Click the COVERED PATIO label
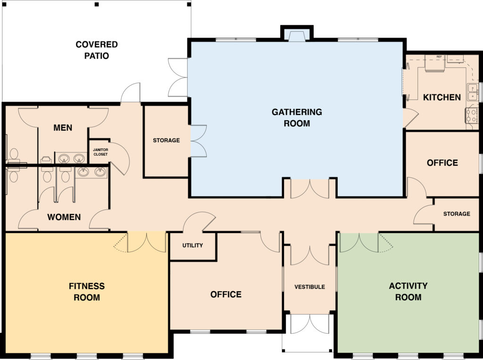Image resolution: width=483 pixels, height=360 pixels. pyautogui.click(x=97, y=50)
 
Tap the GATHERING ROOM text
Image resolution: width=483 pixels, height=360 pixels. pyautogui.click(x=297, y=117)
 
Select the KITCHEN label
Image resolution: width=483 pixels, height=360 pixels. pyautogui.click(x=441, y=97)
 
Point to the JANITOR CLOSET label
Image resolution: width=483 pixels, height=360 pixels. pyautogui.click(x=100, y=152)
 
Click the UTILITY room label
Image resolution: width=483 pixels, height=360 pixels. pyautogui.click(x=192, y=245)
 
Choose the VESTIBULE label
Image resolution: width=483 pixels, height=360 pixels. pyautogui.click(x=309, y=286)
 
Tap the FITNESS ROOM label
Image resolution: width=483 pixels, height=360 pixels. pyautogui.click(x=87, y=292)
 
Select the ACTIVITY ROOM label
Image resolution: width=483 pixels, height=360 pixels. pyautogui.click(x=408, y=291)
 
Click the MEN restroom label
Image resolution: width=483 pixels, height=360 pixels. pyautogui.click(x=63, y=128)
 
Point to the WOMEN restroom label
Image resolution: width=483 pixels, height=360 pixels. pyautogui.click(x=64, y=218)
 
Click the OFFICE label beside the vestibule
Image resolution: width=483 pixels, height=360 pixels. pyautogui.click(x=225, y=294)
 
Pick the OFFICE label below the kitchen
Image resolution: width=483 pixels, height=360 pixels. pyautogui.click(x=442, y=163)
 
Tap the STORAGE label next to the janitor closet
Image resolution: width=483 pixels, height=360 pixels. pyautogui.click(x=166, y=140)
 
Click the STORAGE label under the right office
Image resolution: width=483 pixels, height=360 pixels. pyautogui.click(x=456, y=214)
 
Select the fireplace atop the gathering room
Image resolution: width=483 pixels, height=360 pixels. pyautogui.click(x=297, y=36)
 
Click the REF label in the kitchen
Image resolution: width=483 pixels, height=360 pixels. pyautogui.click(x=439, y=57)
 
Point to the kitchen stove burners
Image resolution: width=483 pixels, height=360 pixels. pyautogui.click(x=471, y=116)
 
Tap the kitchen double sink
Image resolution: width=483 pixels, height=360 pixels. pyautogui.click(x=472, y=92)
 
